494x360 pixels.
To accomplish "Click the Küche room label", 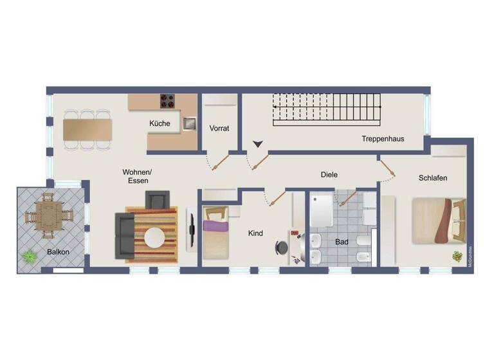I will pos(160,123).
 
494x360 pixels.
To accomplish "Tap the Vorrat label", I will pos(219,129).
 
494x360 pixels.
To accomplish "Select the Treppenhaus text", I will pos(383,138).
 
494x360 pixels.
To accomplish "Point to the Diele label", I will pos(329,174).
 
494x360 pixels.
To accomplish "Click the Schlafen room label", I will pos(432,178).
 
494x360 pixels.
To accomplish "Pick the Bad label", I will pos(342,242).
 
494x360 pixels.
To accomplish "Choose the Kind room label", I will pos(255,233).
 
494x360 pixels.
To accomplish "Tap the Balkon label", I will pos(58,252).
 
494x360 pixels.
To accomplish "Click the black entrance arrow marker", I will pos(258,145).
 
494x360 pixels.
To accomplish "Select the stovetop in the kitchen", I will pos(168,102).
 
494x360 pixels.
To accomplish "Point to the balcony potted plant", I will pos(29,256).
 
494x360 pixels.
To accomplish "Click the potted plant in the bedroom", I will pos(457,256).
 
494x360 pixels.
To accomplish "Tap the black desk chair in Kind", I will pos(282,248).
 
